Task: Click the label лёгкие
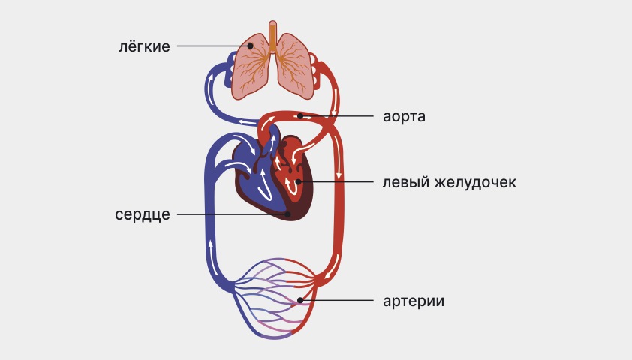point(144,46)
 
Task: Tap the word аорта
point(404,116)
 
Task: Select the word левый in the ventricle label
point(405,182)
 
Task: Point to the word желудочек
point(475,182)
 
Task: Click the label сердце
point(143,214)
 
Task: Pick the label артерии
point(414,301)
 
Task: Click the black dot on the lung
point(250,46)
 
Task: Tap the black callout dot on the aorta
point(300,116)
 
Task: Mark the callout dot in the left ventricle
point(298,182)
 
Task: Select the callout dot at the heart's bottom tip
point(287,214)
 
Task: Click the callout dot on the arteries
point(300,300)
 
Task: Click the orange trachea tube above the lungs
point(273,36)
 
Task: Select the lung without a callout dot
point(295,67)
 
